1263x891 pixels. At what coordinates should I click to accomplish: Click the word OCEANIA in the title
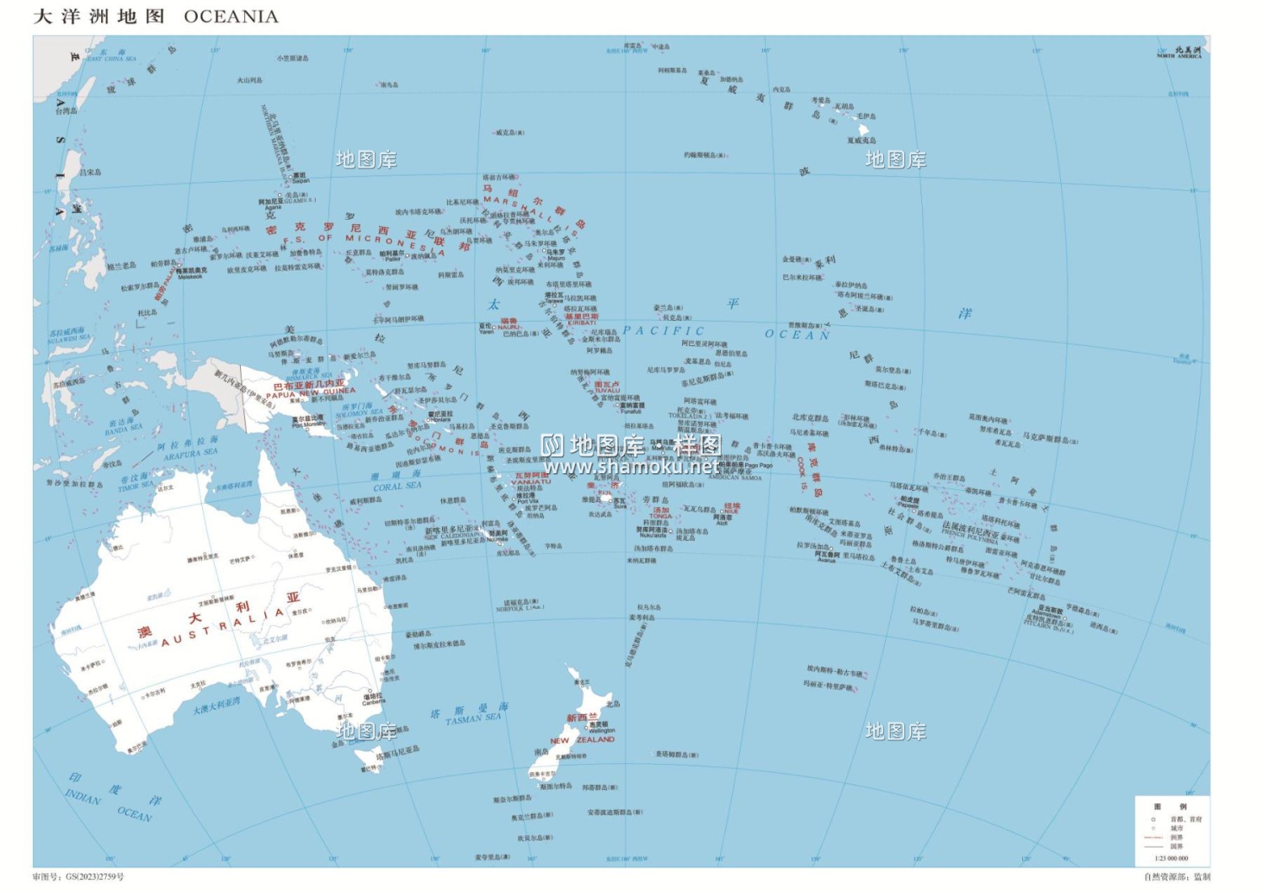pos(231,17)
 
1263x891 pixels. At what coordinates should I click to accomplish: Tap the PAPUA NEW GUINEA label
pos(311,392)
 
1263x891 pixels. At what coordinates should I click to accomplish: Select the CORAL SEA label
pos(397,486)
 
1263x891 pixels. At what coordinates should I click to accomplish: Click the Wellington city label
pos(601,730)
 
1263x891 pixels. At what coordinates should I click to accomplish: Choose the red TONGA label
pos(660,515)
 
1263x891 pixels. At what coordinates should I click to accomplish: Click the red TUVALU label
pos(606,390)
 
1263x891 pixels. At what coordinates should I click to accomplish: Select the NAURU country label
pos(509,327)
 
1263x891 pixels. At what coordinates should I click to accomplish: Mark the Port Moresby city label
pos(308,424)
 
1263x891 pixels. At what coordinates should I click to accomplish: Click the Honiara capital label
pos(440,419)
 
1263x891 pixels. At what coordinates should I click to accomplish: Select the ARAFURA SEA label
pos(190,454)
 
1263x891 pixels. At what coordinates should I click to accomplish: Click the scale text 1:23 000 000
pos(1171,858)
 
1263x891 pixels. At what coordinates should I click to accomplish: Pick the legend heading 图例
pos(1170,806)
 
